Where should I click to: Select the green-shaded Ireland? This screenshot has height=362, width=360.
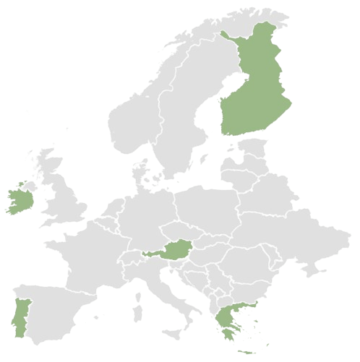pos(18,200)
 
